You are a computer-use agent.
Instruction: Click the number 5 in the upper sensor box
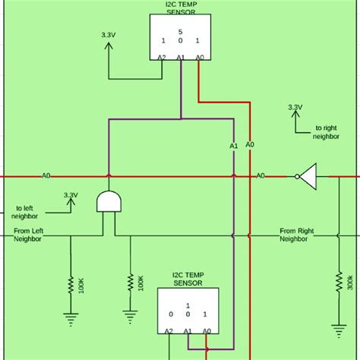pos(180,31)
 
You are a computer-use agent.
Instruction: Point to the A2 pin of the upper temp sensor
pos(162,56)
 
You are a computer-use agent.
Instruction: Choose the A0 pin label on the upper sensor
pos(199,56)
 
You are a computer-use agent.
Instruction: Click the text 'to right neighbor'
pos(313,134)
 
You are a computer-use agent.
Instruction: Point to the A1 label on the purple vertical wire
pos(234,145)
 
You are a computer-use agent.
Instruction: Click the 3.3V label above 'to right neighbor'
pos(295,107)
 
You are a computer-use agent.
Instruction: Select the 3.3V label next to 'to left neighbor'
pos(71,194)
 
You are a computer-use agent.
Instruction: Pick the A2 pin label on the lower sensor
pos(168,331)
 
